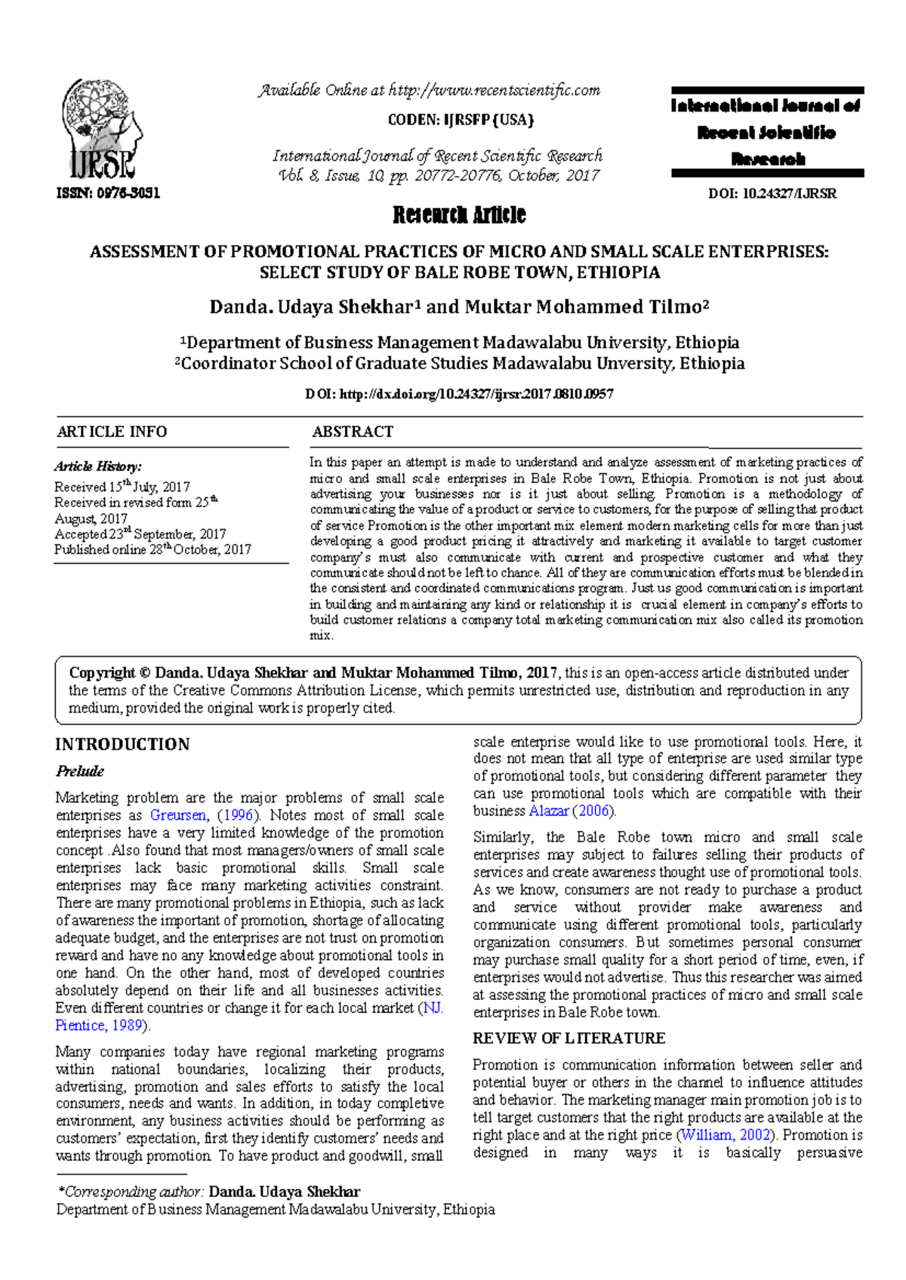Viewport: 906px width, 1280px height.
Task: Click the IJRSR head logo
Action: click(102, 128)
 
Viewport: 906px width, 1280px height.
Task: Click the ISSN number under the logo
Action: click(108, 192)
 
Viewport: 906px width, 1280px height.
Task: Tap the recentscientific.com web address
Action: click(495, 91)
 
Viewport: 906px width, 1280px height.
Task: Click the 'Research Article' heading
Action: click(459, 215)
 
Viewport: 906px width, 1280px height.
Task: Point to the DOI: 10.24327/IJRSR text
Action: click(772, 193)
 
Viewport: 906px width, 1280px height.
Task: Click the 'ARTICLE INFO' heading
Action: click(112, 432)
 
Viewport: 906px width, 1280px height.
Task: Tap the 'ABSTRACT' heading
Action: click(353, 432)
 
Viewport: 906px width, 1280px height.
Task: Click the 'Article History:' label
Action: click(97, 466)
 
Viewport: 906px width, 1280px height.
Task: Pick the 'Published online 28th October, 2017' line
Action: click(152, 549)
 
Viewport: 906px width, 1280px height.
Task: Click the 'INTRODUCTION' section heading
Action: click(122, 744)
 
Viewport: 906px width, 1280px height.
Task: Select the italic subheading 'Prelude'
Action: click(79, 771)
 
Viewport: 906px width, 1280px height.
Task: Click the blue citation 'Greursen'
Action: click(178, 815)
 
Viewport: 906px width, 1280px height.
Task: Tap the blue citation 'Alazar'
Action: click(549, 811)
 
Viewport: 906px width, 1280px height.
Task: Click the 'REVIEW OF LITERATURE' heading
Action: click(569, 1038)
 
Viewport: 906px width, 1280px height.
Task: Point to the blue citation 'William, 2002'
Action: click(726, 1135)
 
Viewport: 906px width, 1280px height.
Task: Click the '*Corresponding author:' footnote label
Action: click(131, 1192)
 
